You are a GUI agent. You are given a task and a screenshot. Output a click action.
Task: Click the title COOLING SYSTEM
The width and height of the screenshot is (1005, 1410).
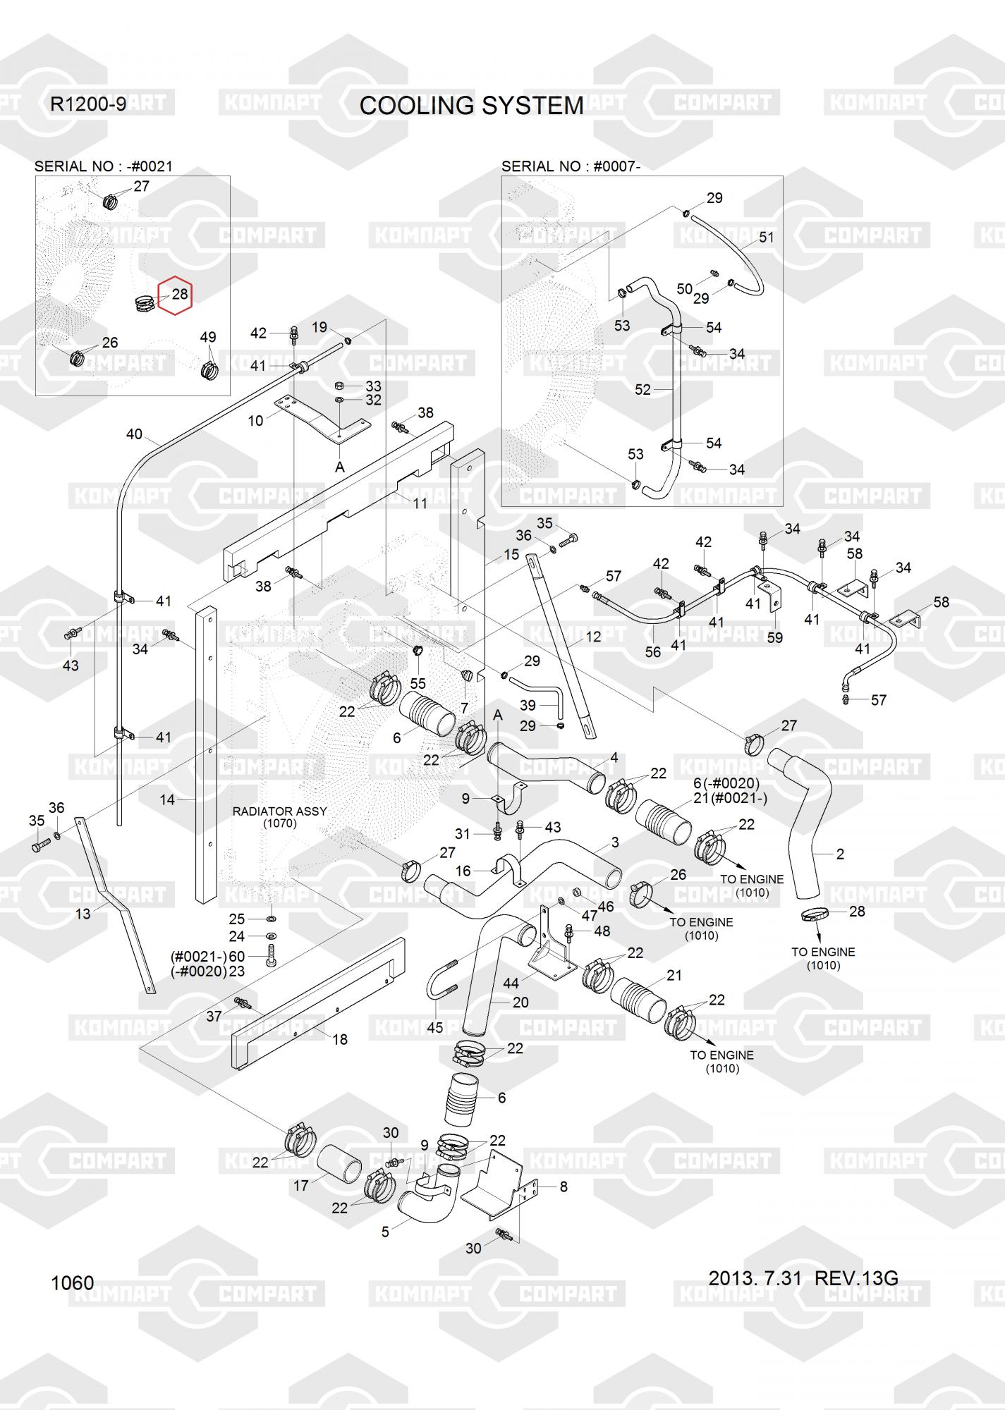[x=471, y=106]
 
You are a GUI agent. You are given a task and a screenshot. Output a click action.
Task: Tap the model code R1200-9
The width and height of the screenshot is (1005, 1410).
[x=88, y=104]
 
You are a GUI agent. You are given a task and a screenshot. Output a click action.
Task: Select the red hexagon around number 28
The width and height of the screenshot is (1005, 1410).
[x=175, y=295]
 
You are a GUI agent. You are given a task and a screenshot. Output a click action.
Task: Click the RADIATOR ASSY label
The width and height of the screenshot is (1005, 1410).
[x=280, y=811]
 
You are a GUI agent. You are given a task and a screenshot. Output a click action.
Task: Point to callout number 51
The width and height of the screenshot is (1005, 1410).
[x=766, y=237]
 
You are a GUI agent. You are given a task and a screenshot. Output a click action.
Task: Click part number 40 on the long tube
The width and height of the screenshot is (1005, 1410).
[x=134, y=434]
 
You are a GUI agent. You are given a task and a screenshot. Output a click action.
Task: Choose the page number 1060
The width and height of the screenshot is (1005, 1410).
[x=73, y=1282]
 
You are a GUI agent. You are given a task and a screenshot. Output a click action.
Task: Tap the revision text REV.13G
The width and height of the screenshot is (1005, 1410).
[x=856, y=1278]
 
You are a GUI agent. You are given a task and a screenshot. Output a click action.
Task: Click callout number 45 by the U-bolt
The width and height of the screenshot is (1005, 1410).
[x=435, y=1027]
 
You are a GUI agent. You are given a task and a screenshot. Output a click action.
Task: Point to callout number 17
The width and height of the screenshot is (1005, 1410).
[x=301, y=1186]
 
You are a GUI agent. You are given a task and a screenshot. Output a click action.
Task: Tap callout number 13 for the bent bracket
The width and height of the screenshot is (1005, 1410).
[x=83, y=914]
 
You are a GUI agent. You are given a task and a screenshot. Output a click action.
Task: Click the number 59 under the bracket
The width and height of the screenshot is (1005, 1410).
[x=774, y=637]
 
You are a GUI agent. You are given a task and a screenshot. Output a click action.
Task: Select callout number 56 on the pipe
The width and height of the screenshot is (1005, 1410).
[x=653, y=652]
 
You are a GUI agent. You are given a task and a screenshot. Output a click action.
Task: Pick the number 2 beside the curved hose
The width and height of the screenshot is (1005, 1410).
[x=840, y=854]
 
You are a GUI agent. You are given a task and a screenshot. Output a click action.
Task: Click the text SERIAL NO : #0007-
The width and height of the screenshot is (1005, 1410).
[x=571, y=166]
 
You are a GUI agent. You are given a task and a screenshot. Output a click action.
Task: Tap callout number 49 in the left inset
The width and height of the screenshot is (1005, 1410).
[x=207, y=337]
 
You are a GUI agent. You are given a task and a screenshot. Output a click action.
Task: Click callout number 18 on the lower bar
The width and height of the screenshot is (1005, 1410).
[x=340, y=1039]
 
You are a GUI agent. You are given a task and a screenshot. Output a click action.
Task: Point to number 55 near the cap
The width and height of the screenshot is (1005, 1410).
[x=418, y=683]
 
